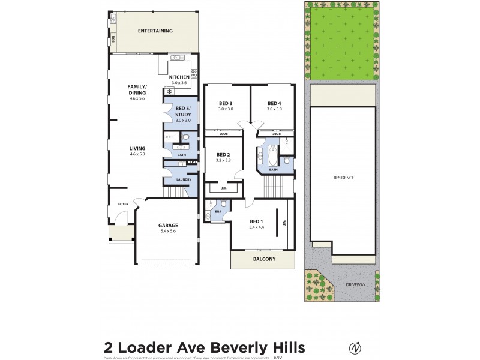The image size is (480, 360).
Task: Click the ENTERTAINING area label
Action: pos(155,31)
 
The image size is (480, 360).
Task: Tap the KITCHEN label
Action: pos(179,77)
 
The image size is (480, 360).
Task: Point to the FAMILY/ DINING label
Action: pos(137,89)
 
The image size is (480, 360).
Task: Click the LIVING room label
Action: pos(137,148)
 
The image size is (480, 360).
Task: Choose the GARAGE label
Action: pos(168,226)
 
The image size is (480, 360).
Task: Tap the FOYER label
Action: pos(123,204)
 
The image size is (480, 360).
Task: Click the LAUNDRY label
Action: pos(184,179)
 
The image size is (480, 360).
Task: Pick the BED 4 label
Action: pos(274,104)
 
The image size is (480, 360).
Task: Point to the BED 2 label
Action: pos(223,154)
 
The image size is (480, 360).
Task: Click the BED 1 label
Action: pos(257,221)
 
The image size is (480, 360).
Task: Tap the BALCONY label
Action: pos(263,259)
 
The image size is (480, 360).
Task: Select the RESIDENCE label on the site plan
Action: pos(344,178)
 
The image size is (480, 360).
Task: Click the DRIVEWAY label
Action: pos(355,284)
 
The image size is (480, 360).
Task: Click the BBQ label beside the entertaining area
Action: pos(112,40)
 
